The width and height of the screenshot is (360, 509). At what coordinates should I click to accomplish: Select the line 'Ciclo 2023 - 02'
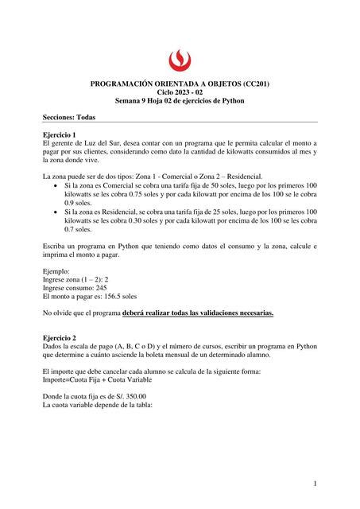[180, 92]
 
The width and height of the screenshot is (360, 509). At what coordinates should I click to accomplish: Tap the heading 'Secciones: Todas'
[69, 117]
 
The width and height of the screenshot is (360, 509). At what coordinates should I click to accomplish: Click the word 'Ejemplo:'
[58, 270]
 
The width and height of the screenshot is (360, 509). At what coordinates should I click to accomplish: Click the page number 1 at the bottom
[315, 483]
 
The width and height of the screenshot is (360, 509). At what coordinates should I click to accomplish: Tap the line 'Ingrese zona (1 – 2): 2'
[75, 279]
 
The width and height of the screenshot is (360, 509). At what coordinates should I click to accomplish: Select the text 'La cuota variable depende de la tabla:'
[97, 405]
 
